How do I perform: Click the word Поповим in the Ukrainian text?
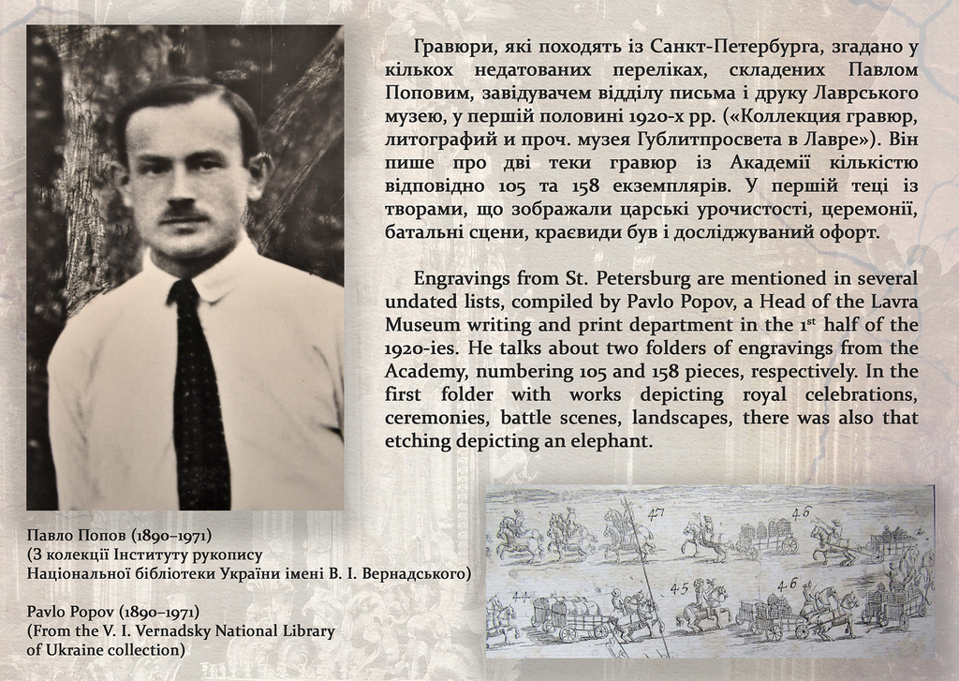point(421,94)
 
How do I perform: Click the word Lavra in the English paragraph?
point(891,302)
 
